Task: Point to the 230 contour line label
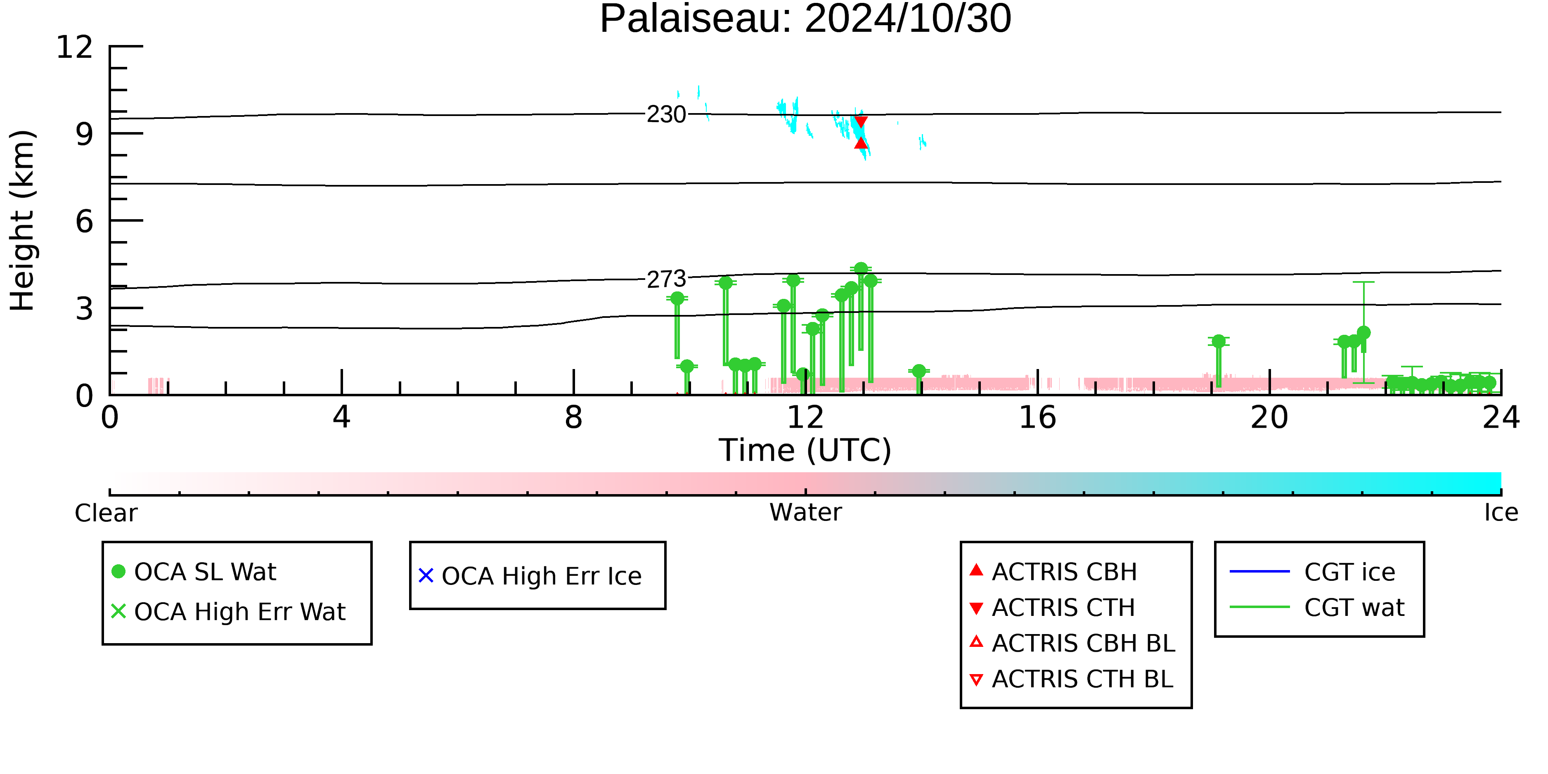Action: click(666, 114)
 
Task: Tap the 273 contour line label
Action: click(666, 279)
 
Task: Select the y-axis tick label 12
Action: click(75, 47)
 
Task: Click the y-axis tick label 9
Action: click(84, 134)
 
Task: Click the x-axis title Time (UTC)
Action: click(805, 450)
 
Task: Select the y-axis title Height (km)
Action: click(23, 220)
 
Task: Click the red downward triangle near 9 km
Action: click(861, 122)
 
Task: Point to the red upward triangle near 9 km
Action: click(861, 142)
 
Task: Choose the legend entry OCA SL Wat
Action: click(194, 571)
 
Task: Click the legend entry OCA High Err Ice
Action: click(530, 576)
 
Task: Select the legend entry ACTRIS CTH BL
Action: click(1072, 679)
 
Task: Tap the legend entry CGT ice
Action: click(1312, 571)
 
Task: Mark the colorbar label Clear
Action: click(106, 513)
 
